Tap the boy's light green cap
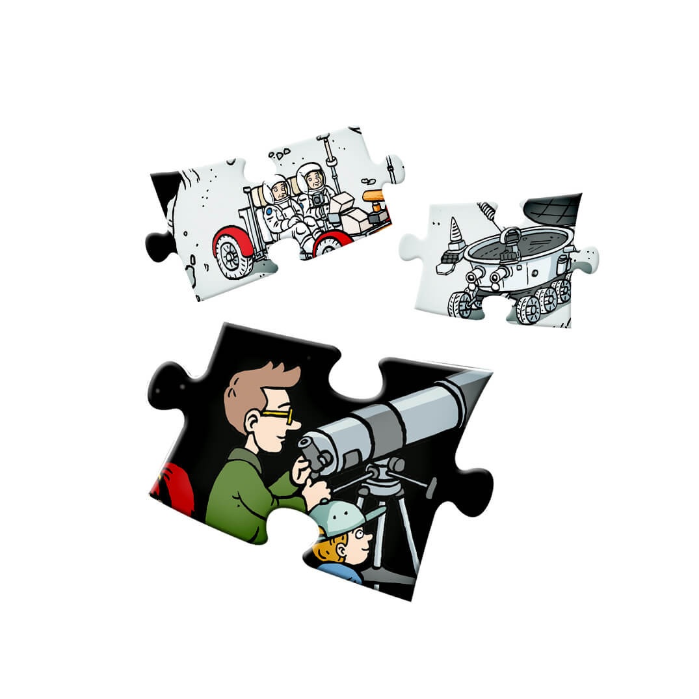click(x=342, y=514)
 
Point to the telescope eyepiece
click(x=313, y=452)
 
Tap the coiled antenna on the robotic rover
click(x=487, y=212)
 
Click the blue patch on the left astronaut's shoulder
click(x=269, y=212)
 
